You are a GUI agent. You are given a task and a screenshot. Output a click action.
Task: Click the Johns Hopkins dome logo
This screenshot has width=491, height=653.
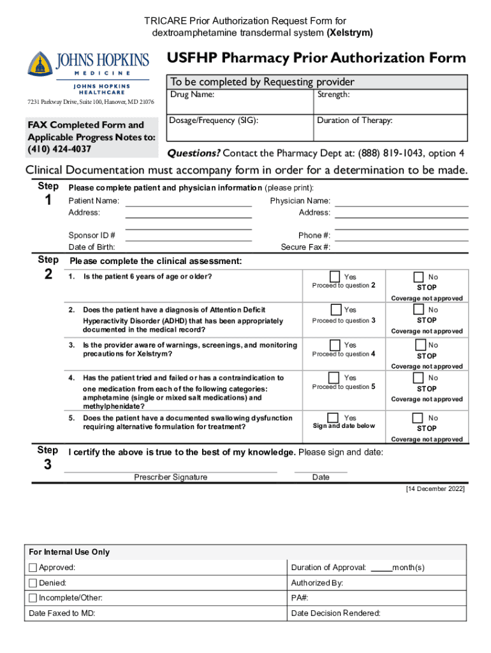pyautogui.click(x=40, y=64)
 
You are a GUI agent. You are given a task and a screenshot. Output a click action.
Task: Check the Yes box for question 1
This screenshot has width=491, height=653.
pyautogui.click(x=335, y=276)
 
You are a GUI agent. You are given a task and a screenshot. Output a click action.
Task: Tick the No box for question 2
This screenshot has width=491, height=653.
pyautogui.click(x=418, y=309)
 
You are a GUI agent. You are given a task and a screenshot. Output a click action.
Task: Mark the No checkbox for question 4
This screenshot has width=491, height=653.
pyautogui.click(x=418, y=378)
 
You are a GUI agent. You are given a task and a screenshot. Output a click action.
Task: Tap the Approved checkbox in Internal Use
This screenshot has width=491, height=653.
pyautogui.click(x=33, y=568)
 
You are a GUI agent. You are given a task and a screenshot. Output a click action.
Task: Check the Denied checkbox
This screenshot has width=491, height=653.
pyautogui.click(x=33, y=583)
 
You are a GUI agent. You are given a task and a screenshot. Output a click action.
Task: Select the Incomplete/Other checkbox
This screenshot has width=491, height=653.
pyautogui.click(x=33, y=598)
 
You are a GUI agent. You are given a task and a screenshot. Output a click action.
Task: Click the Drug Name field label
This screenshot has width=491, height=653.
pyautogui.click(x=192, y=94)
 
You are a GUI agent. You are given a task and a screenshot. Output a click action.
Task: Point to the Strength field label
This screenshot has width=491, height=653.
pyautogui.click(x=333, y=94)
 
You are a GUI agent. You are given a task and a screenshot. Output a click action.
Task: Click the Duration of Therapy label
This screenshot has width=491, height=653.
pyautogui.click(x=355, y=120)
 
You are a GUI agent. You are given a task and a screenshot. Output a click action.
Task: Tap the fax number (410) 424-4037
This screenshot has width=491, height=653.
pyautogui.click(x=59, y=149)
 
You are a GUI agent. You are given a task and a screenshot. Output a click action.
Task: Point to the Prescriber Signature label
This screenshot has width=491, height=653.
pyautogui.click(x=170, y=477)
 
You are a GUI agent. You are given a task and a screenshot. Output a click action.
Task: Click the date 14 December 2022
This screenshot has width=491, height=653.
pyautogui.click(x=436, y=489)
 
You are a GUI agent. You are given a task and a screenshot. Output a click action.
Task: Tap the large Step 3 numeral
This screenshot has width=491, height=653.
pyautogui.click(x=48, y=465)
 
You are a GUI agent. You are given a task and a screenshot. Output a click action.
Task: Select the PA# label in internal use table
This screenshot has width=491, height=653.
pyautogui.click(x=300, y=598)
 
